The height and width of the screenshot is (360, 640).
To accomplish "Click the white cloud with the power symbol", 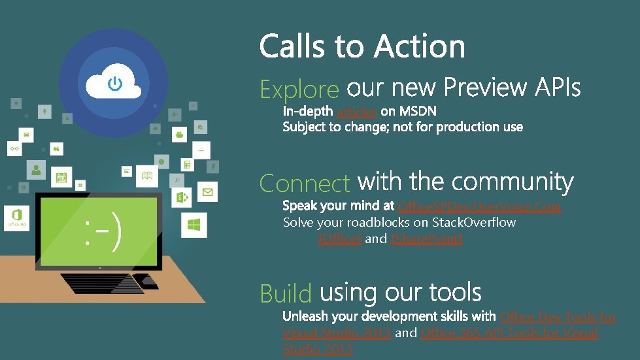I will [x=113, y=83].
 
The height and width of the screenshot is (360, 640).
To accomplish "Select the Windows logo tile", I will [x=194, y=225].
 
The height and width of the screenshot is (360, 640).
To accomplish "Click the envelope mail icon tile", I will [x=207, y=192].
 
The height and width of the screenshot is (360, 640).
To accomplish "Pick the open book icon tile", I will [x=147, y=174].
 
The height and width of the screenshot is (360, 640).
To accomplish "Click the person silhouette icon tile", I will [x=37, y=171].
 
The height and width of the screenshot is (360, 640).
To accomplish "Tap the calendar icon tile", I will [x=61, y=176].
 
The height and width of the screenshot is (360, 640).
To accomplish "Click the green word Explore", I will [x=299, y=90].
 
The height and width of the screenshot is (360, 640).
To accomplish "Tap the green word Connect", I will [x=305, y=184].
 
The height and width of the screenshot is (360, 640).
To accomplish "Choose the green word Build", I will [x=286, y=294].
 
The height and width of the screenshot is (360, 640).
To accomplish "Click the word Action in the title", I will [x=420, y=47].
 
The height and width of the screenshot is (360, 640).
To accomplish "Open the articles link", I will [x=356, y=112].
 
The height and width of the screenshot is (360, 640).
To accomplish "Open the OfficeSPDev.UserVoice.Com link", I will [x=479, y=206].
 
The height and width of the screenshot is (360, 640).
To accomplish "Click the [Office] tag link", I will [x=339, y=239].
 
